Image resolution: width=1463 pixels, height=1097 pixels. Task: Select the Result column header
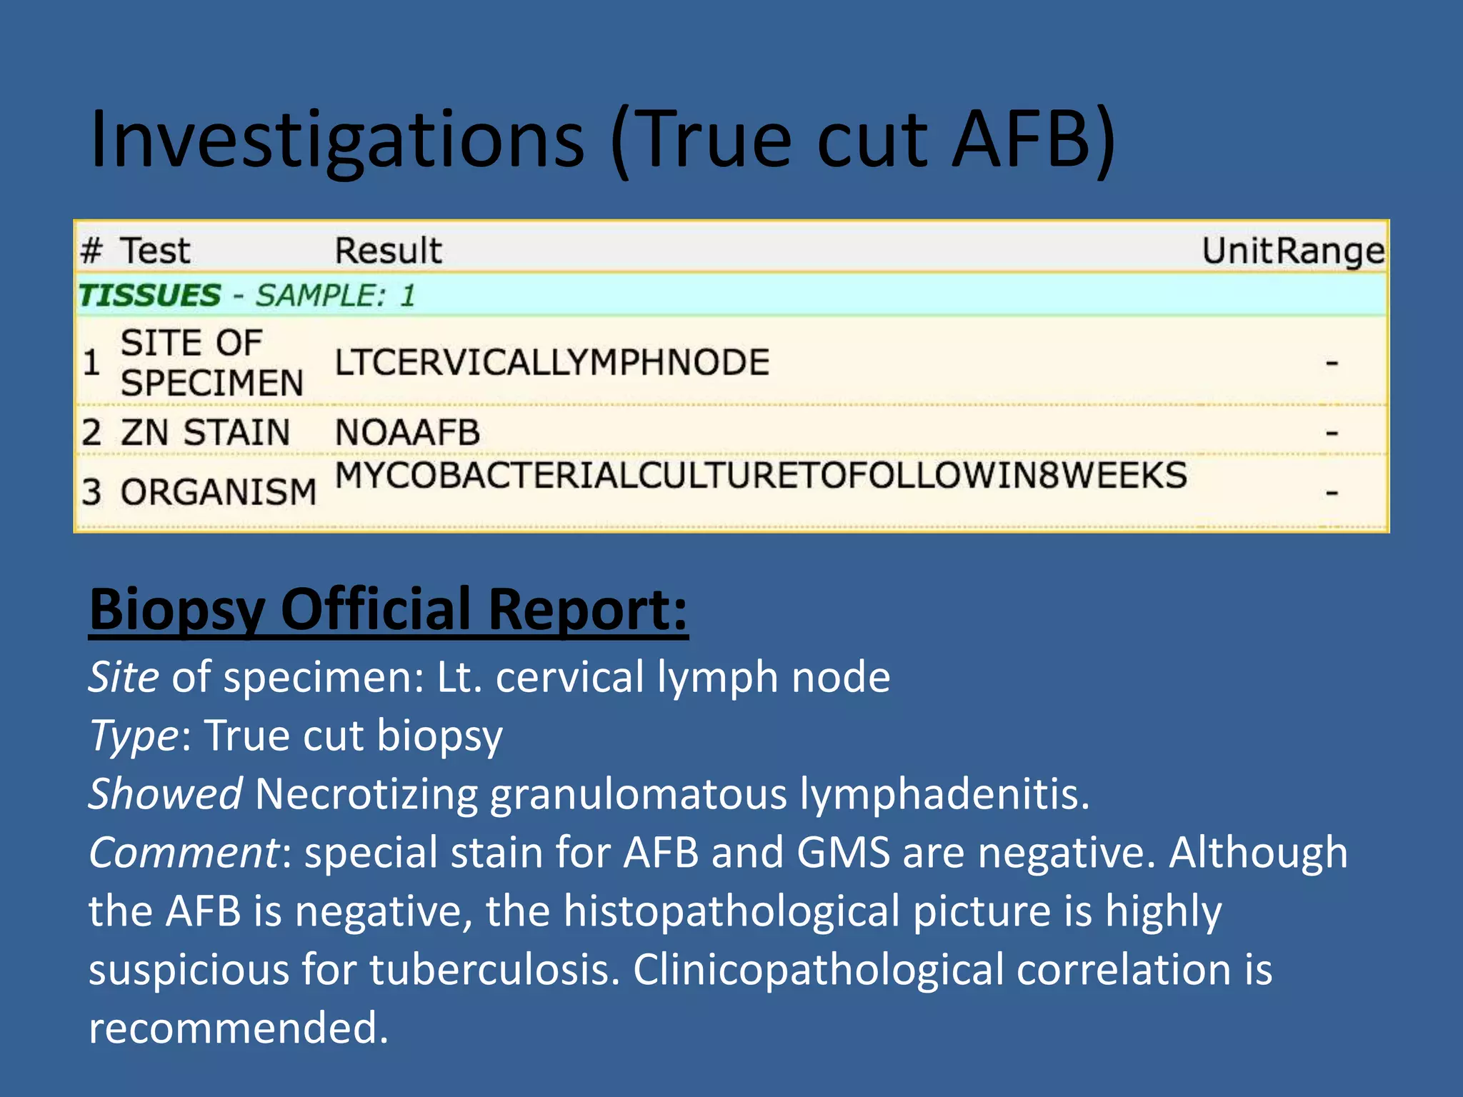389,251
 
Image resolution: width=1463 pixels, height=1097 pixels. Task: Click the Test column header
155,251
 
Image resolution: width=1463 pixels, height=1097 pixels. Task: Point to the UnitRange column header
1293,251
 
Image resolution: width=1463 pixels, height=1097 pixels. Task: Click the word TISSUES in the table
150,296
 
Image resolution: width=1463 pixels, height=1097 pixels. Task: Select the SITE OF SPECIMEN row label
211,363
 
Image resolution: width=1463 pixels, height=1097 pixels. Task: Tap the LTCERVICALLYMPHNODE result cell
552,363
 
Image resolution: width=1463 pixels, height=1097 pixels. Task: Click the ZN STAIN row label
205,433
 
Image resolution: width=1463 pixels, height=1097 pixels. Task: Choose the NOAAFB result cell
407,433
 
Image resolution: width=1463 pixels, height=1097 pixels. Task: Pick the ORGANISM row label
219,492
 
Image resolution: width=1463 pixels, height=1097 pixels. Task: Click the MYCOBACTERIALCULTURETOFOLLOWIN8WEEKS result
761,476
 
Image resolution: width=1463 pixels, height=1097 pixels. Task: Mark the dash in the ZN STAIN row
1332,433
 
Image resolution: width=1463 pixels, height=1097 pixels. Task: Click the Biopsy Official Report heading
389,610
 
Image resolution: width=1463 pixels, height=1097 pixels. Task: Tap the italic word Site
124,677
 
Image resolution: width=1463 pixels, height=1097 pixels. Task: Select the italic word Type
134,736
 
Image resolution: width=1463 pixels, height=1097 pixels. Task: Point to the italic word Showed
165,794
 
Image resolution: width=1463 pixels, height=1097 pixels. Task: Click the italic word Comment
184,853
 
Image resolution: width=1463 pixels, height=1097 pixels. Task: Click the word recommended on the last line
239,1028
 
